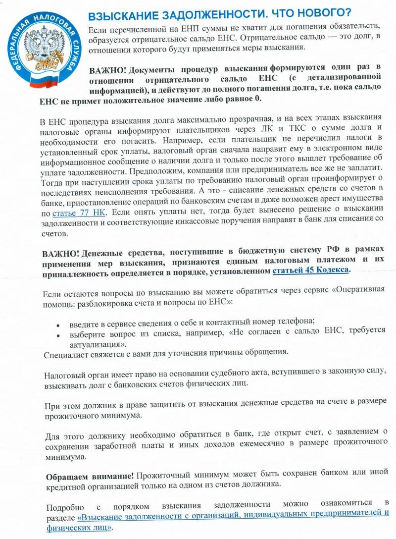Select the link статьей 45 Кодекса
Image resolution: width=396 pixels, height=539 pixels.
point(312,270)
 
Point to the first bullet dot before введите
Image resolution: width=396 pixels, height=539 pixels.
point(58,325)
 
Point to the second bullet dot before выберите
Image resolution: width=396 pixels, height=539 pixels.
point(58,335)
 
